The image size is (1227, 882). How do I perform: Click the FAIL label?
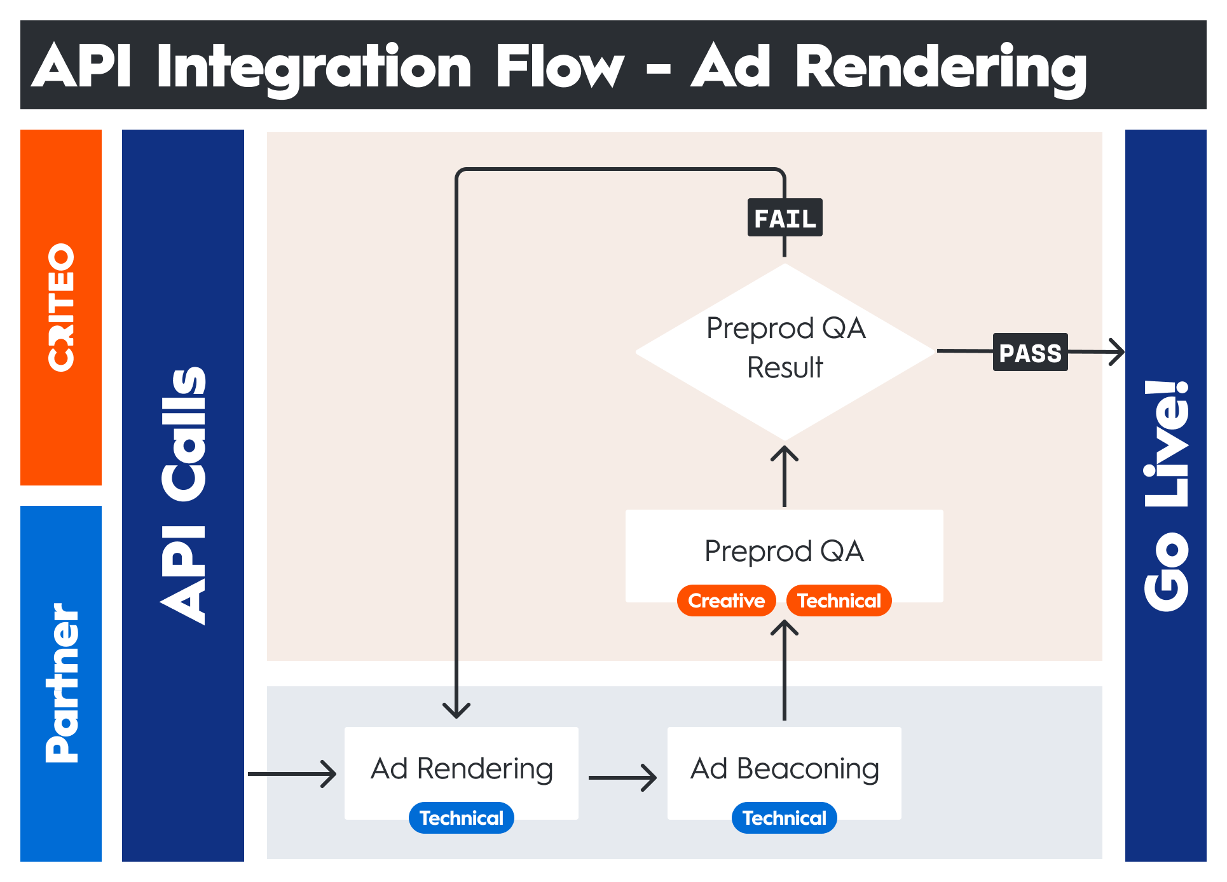click(785, 218)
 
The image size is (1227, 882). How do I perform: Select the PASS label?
click(1030, 352)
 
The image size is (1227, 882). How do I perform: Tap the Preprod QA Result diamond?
click(785, 351)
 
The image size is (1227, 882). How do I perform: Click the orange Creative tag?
click(726, 600)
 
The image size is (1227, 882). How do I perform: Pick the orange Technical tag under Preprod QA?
click(839, 600)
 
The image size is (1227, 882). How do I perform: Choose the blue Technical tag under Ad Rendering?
click(461, 818)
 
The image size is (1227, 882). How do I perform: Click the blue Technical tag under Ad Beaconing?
click(784, 818)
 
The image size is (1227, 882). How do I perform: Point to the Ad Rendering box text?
click(462, 769)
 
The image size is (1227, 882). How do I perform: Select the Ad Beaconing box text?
click(785, 769)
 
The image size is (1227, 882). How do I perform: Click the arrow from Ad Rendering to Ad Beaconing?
click(622, 777)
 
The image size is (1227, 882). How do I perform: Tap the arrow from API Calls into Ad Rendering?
click(292, 774)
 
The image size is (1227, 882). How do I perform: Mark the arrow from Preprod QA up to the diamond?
click(785, 476)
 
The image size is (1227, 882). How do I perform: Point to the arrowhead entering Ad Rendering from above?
click(456, 710)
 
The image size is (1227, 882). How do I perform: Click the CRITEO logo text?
click(61, 308)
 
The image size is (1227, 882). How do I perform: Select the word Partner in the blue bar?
click(62, 683)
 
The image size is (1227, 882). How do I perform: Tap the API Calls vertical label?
click(183, 496)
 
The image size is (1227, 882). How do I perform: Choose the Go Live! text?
click(1166, 496)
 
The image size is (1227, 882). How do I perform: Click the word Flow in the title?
click(559, 66)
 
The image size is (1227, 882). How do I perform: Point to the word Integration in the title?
click(314, 67)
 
